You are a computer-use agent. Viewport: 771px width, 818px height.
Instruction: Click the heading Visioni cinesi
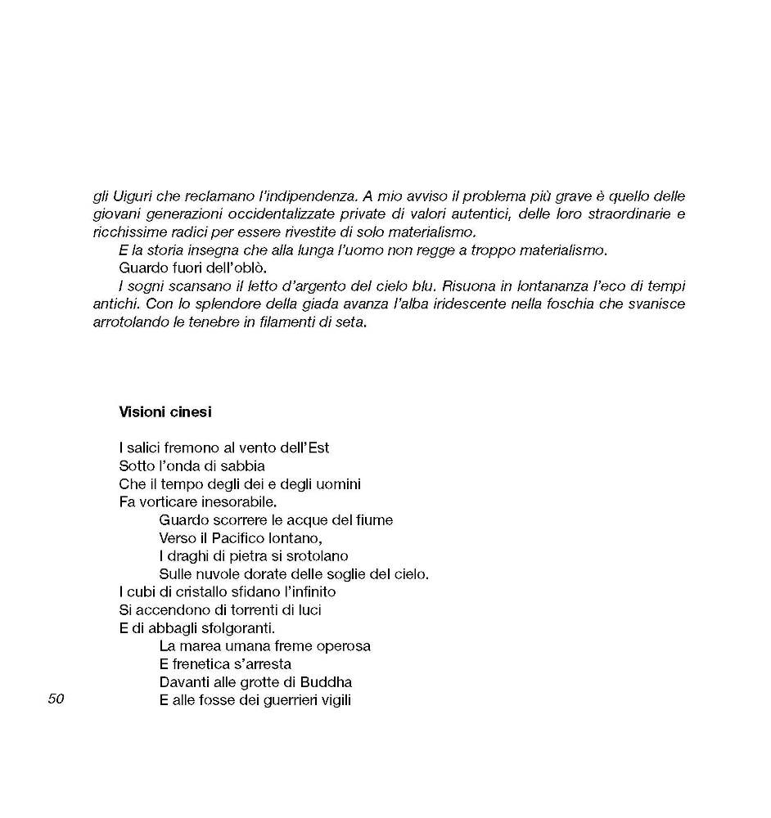click(165, 411)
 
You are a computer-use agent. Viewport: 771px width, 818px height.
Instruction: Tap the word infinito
click(308, 591)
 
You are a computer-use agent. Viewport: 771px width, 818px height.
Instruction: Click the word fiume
click(374, 519)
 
